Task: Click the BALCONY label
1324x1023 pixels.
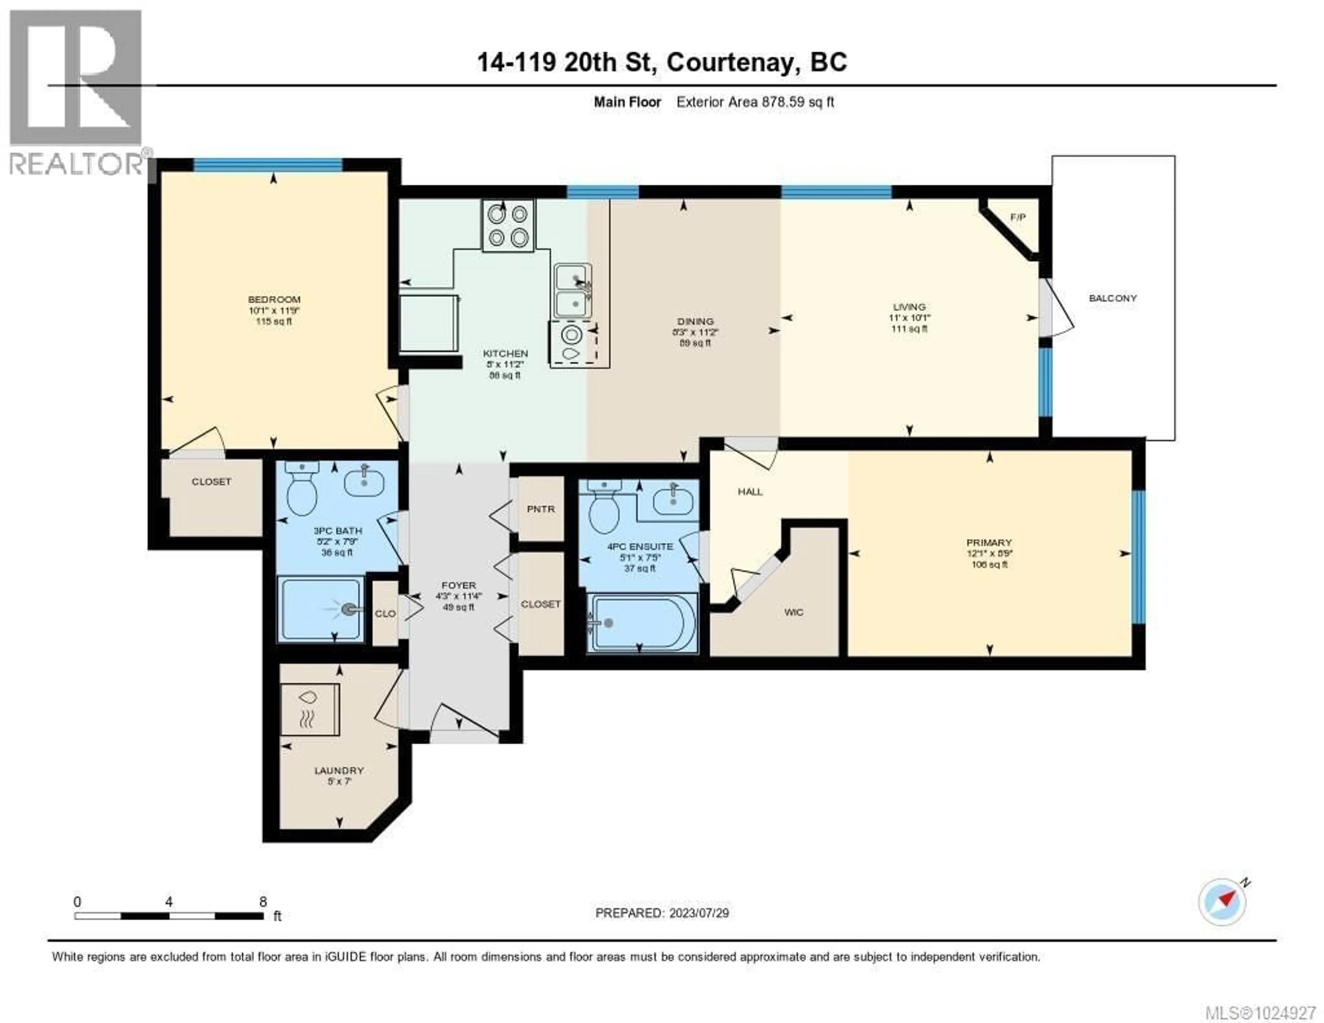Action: [x=1112, y=298]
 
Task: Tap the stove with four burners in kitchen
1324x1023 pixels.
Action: [x=508, y=226]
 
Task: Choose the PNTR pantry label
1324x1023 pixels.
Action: [x=540, y=509]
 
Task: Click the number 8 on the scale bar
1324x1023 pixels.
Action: [x=262, y=902]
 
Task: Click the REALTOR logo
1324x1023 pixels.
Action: [x=76, y=91]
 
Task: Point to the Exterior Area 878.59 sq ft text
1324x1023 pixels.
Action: [x=755, y=102]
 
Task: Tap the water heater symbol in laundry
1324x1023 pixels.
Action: [x=309, y=709]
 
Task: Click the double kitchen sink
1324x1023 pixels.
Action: [x=572, y=291]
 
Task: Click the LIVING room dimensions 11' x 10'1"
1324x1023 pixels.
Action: [x=909, y=318]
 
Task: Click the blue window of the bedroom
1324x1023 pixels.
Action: [x=268, y=164]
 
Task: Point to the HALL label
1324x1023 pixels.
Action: [x=750, y=492]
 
